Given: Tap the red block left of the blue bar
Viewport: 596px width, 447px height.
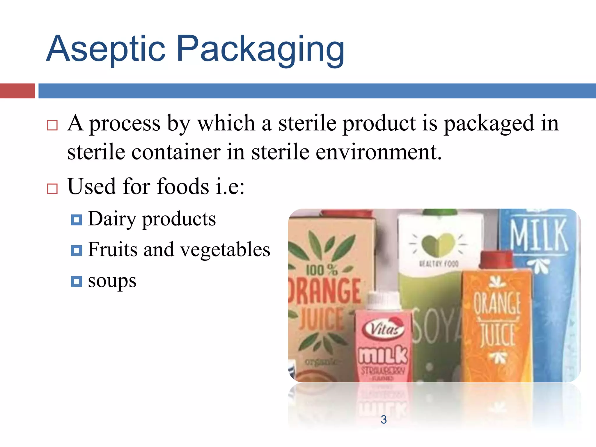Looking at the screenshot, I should (17, 91).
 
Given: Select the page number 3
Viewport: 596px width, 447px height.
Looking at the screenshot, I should (384, 420).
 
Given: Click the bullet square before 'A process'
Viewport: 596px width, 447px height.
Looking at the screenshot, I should (52, 125).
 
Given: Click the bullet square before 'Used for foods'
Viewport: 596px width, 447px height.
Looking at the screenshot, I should (52, 189).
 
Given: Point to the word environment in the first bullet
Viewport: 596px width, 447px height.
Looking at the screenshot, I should (378, 152).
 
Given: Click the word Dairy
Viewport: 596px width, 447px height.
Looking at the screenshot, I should (112, 219).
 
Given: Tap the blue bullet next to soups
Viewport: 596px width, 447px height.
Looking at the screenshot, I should (76, 281).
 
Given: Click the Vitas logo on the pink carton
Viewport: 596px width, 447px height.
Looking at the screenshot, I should (384, 329).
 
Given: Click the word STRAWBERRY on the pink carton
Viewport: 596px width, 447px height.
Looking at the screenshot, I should (383, 371).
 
